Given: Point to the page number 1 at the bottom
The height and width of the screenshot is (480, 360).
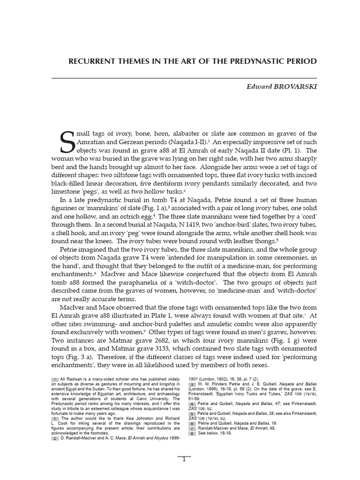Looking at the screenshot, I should click(x=184, y=459).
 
